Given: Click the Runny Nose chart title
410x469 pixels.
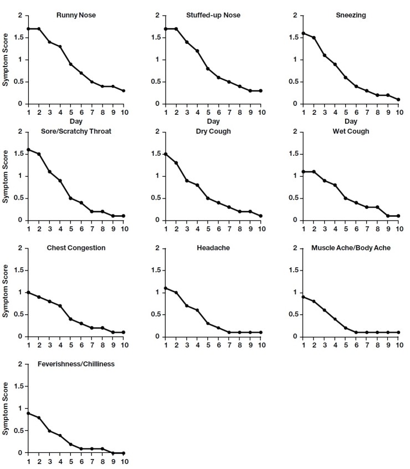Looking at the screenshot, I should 76,15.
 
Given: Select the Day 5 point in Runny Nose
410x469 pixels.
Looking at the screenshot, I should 70,64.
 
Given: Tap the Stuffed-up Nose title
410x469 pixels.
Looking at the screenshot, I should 213,15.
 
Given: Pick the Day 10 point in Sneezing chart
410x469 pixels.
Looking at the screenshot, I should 398,99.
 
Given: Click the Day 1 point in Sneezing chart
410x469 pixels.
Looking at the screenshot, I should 304,33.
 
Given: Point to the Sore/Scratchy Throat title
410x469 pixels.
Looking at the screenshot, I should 76,132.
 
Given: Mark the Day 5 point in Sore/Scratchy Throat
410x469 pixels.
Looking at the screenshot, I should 70,198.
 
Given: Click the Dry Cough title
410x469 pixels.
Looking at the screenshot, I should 213,132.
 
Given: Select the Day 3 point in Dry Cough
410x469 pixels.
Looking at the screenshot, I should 187,180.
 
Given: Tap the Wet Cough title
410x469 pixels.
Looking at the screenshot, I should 351,132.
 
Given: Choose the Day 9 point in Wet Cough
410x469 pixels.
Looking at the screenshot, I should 388,216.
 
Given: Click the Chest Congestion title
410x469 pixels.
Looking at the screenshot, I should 76,248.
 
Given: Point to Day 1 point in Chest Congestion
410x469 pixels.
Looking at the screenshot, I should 28,292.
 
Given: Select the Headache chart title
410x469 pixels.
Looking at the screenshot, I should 213,248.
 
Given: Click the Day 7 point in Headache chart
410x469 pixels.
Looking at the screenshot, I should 229,332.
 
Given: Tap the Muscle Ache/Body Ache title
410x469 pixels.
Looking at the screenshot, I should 351,248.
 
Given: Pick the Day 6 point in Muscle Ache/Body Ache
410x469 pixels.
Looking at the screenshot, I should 356,332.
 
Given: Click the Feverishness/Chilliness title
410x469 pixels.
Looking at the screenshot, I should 76,365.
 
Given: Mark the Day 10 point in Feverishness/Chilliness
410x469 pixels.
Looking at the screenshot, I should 123,453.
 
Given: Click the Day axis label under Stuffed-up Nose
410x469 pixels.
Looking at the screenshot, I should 213,120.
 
